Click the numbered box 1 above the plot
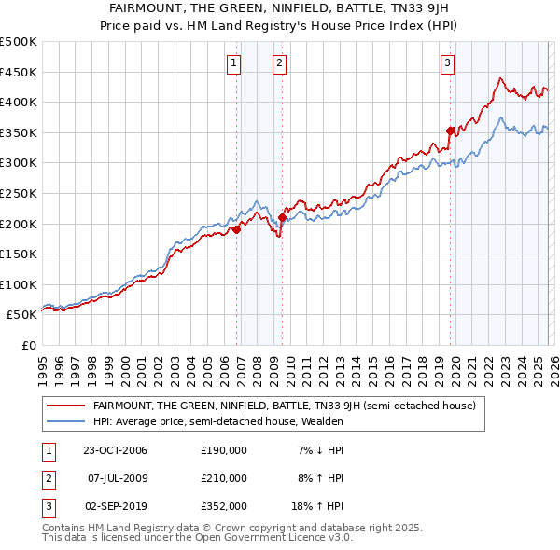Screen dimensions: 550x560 [232, 63]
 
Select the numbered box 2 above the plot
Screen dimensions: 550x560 [279, 63]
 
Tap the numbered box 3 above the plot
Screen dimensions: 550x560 [447, 63]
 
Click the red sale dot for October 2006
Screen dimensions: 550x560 [237, 229]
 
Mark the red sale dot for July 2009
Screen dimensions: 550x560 [282, 218]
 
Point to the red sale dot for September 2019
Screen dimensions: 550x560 [450, 131]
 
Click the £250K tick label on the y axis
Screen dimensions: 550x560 [19, 193]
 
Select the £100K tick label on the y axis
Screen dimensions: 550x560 [19, 284]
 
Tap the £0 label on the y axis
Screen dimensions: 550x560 [28, 345]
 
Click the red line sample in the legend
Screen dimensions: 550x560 [65, 406]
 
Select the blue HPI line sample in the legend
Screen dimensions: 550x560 [65, 421]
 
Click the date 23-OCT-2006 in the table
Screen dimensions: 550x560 [115, 450]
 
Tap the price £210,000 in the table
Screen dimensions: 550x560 [224, 478]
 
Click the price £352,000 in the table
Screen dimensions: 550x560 [224, 506]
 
